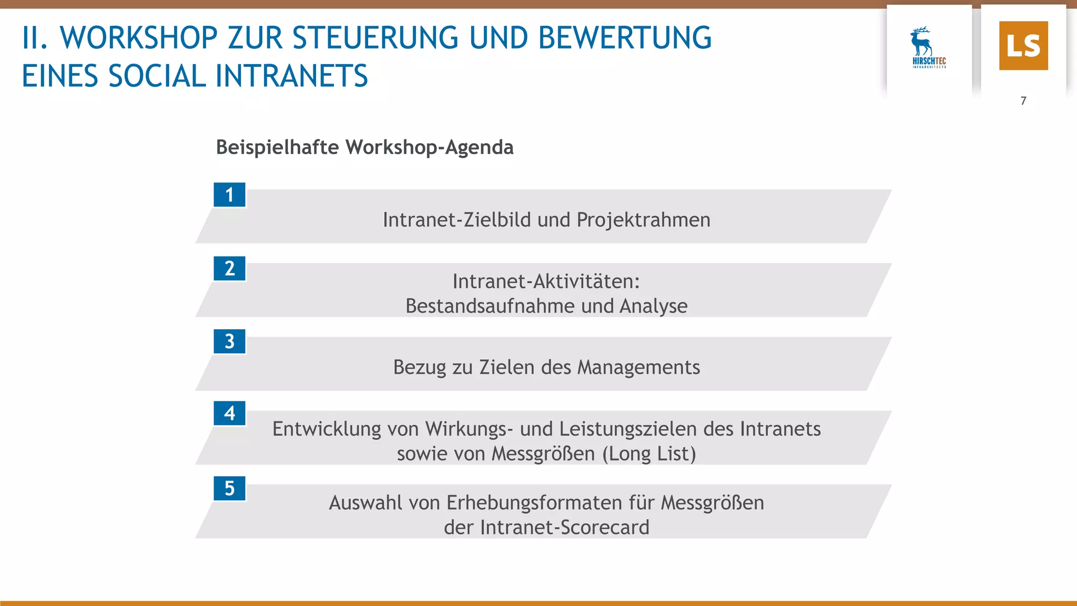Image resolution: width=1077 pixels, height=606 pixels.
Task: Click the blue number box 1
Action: [x=229, y=195]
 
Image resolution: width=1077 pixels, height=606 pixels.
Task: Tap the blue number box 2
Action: [x=229, y=268]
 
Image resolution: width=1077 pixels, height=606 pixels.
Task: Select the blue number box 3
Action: [x=229, y=341]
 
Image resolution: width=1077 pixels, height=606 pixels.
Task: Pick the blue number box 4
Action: [x=229, y=413]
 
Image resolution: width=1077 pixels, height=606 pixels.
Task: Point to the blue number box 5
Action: [x=229, y=488]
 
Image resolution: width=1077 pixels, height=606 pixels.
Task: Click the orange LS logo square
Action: [x=1023, y=46]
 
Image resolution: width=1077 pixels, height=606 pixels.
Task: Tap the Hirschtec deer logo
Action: [x=928, y=47]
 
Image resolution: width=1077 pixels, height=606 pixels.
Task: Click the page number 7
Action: [x=1023, y=100]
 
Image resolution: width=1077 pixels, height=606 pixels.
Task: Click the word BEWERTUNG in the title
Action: [x=625, y=38]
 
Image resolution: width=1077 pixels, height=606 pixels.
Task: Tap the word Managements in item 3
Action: [x=638, y=367]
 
